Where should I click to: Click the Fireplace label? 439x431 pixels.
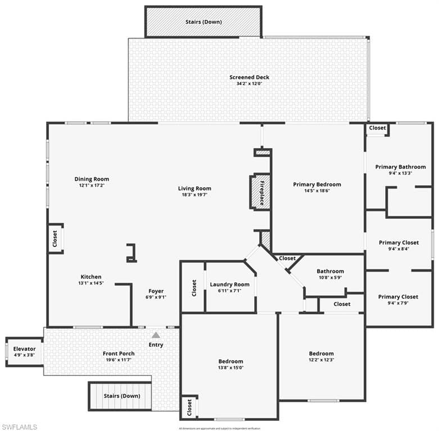point(261,191)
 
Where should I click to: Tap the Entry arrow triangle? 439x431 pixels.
point(156,335)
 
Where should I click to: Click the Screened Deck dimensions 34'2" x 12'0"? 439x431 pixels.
point(249,84)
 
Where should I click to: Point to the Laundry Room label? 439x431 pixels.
point(229,285)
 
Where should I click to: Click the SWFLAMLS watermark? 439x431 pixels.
point(20,427)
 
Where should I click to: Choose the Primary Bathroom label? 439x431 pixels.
point(401,167)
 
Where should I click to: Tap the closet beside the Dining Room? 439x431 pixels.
point(55,239)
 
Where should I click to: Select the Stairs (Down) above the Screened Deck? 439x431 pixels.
point(203,22)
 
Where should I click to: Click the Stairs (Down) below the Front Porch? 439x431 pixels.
point(122,396)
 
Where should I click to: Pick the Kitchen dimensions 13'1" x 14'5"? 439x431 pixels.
point(91,284)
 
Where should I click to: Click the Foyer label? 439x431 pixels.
point(156,291)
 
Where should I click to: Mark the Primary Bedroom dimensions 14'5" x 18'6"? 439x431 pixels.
point(317,191)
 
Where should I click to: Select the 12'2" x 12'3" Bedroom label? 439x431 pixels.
point(321,354)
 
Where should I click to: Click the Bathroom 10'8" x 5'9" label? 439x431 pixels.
point(330,271)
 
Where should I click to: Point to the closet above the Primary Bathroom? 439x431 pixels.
point(377,128)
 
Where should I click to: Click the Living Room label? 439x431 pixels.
point(194,189)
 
